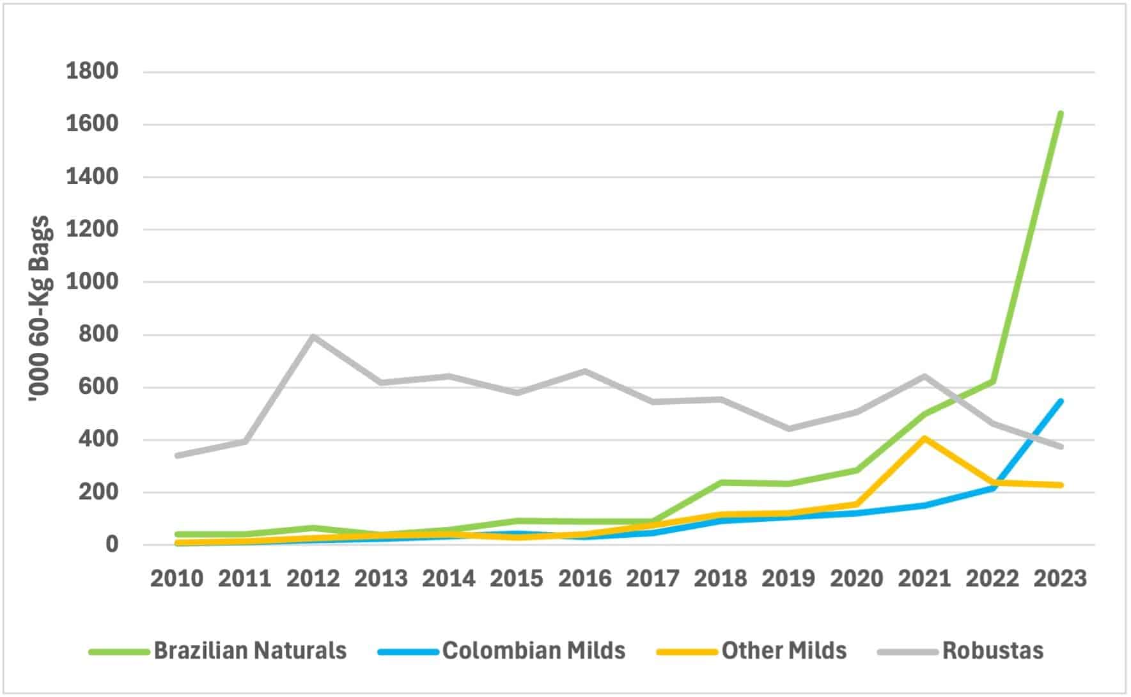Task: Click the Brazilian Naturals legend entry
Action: pyautogui.click(x=250, y=651)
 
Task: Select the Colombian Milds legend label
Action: pyautogui.click(x=533, y=651)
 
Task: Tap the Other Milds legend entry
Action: pyautogui.click(x=784, y=651)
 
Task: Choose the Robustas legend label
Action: pyautogui.click(x=992, y=651)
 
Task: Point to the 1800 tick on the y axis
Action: pyautogui.click(x=93, y=71)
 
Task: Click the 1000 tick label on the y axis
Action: pyautogui.click(x=93, y=281)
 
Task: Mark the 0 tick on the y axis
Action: pyautogui.click(x=112, y=545)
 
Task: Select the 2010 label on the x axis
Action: pyautogui.click(x=177, y=579)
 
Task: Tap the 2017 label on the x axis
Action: pyautogui.click(x=653, y=579)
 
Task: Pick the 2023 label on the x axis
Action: pyautogui.click(x=1060, y=579)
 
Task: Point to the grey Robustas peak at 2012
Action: pyautogui.click(x=313, y=336)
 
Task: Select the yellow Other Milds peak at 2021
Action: pyautogui.click(x=924, y=438)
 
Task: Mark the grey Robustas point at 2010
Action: pyautogui.click(x=177, y=455)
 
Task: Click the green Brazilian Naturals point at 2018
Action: pyautogui.click(x=721, y=482)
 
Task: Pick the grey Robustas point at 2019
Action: pyautogui.click(x=788, y=428)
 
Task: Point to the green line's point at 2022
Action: pyautogui.click(x=992, y=382)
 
